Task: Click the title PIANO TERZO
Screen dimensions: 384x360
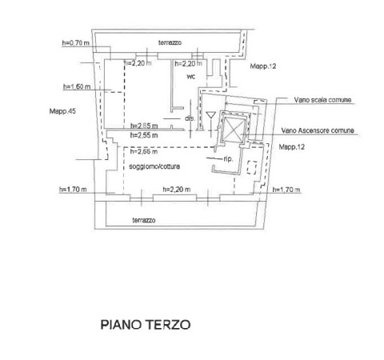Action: click(146, 325)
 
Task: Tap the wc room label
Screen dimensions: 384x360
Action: click(191, 77)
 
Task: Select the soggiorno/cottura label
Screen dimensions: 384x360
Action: click(154, 166)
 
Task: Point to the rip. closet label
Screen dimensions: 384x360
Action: click(229, 159)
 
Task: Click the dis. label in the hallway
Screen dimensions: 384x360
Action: click(190, 118)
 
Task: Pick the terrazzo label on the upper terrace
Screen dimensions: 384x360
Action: click(170, 42)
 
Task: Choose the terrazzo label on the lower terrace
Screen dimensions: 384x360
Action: click(144, 220)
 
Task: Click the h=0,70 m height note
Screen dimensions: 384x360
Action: click(76, 42)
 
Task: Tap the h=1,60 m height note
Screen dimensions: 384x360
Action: click(77, 86)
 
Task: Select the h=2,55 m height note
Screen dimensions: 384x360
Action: click(144, 135)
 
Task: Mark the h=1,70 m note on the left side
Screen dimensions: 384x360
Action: click(73, 190)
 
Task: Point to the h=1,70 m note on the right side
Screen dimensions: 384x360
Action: click(286, 190)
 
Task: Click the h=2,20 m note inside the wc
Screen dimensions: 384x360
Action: click(189, 64)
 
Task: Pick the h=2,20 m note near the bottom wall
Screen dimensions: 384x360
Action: click(177, 190)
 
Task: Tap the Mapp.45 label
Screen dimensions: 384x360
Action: click(62, 111)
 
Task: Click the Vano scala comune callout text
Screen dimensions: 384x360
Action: click(322, 100)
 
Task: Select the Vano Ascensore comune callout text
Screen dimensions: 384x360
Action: click(318, 130)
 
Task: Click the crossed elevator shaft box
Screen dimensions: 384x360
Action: click(234, 129)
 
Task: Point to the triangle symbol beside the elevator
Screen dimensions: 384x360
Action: click(210, 115)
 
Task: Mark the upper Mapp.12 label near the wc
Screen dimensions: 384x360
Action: click(263, 66)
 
